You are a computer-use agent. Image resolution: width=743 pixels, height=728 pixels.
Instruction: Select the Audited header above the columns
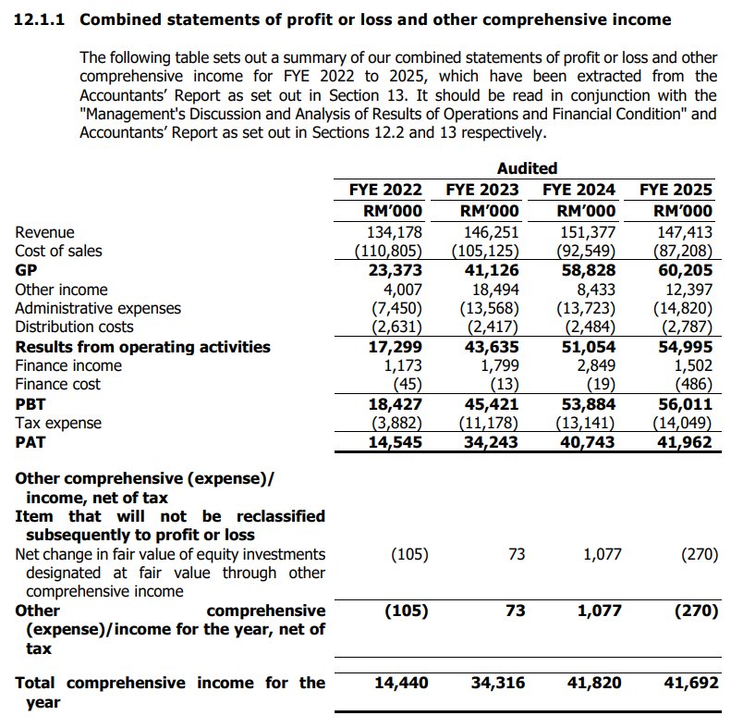(527, 168)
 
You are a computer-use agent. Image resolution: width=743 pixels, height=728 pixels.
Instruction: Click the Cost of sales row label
(58, 251)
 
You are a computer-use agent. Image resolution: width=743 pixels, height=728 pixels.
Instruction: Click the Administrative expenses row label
(98, 308)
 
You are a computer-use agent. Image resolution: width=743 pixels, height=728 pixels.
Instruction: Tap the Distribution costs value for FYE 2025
(686, 327)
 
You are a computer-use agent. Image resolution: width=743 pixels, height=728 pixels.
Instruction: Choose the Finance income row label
(68, 365)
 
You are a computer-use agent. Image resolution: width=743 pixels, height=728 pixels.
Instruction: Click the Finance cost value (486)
(693, 385)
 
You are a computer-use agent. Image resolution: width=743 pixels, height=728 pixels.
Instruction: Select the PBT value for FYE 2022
(396, 404)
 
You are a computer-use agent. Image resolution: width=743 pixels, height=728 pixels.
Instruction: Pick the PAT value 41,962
(686, 442)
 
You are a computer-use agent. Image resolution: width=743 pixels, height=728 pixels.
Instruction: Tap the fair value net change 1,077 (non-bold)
(602, 554)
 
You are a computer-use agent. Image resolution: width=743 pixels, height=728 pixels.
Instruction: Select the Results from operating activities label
(142, 347)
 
